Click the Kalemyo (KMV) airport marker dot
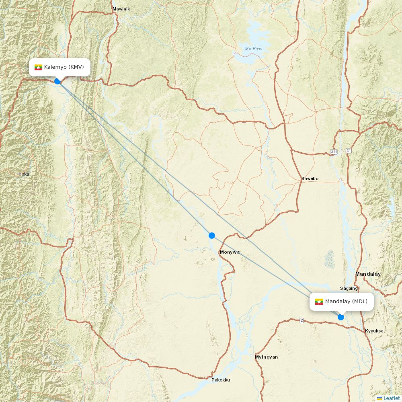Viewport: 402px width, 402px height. [57, 81]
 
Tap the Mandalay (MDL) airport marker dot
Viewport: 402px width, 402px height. [341, 317]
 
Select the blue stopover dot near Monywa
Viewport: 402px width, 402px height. [212, 236]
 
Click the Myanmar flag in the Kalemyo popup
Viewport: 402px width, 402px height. [39, 67]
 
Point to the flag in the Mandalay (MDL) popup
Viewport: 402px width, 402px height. [319, 301]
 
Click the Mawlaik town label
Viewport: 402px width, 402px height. [121, 9]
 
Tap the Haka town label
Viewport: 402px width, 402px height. [24, 174]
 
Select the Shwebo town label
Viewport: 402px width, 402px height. [310, 178]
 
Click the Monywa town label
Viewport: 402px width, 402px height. [230, 252]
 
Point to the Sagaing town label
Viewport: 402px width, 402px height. [349, 288]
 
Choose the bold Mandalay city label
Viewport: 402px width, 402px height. [368, 274]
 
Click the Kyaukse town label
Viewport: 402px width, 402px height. [374, 331]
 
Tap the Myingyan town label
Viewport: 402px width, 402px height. [266, 357]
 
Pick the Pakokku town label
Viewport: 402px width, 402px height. [221, 379]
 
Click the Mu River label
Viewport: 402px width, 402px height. [254, 49]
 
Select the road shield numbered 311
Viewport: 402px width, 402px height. [334, 152]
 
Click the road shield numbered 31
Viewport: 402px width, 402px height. [348, 151]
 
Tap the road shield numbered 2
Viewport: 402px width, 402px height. [301, 320]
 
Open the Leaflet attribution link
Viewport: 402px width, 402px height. [391, 398]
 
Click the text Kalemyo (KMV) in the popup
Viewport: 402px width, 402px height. [64, 67]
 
